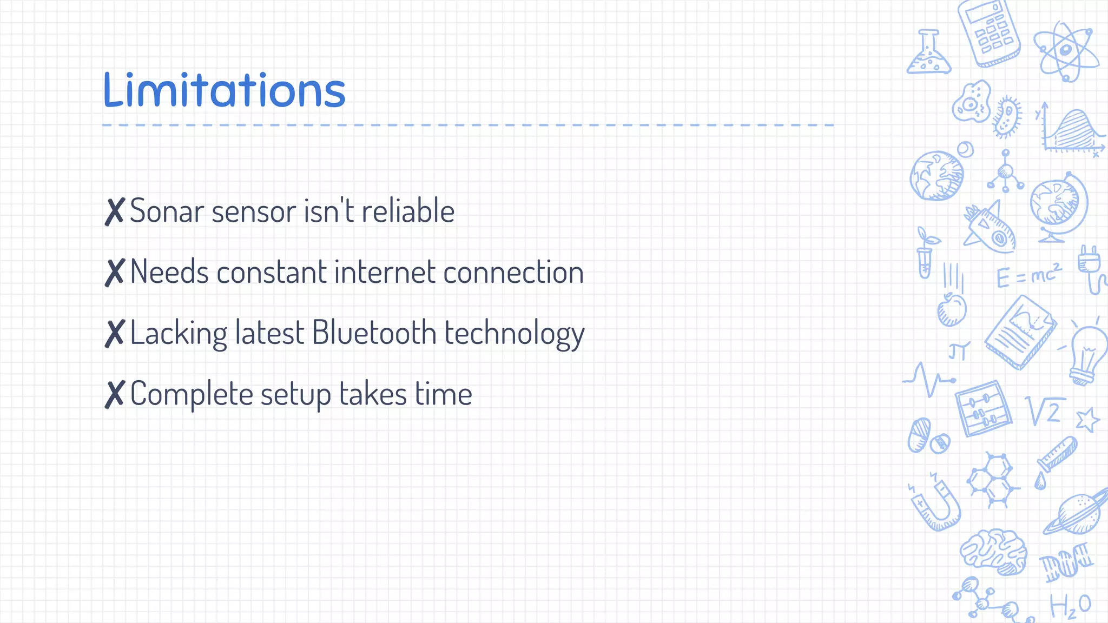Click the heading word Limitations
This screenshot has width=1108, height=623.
tap(224, 90)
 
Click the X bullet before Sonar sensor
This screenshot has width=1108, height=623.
tap(115, 211)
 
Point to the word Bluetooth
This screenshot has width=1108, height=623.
tap(374, 333)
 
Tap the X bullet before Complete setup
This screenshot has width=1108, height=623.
tap(115, 394)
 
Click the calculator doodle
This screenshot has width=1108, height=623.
tap(990, 34)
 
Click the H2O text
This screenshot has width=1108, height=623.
tap(1070, 606)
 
